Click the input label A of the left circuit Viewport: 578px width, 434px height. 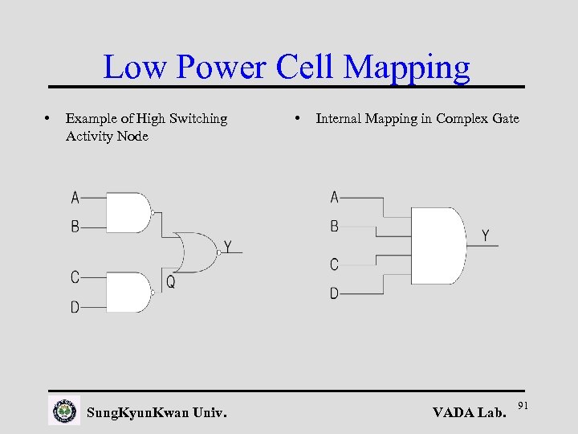pyautogui.click(x=75, y=197)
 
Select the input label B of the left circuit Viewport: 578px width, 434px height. pyautogui.click(x=75, y=227)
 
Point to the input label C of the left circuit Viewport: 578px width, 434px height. pyautogui.click(x=75, y=277)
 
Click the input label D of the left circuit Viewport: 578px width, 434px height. pyautogui.click(x=75, y=307)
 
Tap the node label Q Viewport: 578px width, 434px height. pyautogui.click(x=171, y=283)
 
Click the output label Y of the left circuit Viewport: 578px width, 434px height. pyautogui.click(x=228, y=247)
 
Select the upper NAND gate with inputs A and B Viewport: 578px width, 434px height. pyautogui.click(x=128, y=212)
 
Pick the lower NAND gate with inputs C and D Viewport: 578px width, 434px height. pyautogui.click(x=128, y=293)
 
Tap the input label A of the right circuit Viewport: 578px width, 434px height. pyautogui.click(x=335, y=197)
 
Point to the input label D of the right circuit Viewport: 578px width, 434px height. pyautogui.click(x=334, y=294)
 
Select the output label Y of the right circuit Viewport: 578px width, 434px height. pyautogui.click(x=486, y=235)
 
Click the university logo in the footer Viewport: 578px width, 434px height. pyautogui.click(x=64, y=411)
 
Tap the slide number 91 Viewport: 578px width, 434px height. pyautogui.click(x=523, y=403)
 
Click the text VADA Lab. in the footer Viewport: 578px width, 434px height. pyautogui.click(x=470, y=413)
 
